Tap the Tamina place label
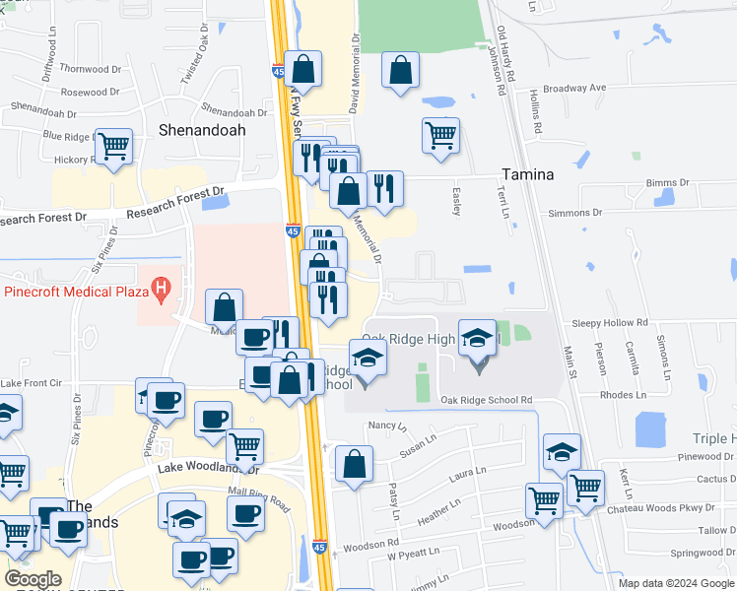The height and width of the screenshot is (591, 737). [527, 174]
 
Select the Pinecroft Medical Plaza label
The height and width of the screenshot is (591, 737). [74, 291]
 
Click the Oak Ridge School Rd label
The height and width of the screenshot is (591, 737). [487, 400]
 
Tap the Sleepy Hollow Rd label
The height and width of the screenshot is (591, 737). [611, 323]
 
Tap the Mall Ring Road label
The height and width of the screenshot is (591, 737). [259, 492]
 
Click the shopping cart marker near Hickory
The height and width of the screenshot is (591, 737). [114, 147]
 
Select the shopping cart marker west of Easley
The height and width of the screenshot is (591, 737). [440, 134]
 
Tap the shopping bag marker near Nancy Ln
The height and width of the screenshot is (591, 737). [354, 463]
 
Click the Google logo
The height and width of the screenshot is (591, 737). [33, 579]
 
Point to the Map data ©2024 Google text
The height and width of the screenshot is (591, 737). [675, 583]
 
